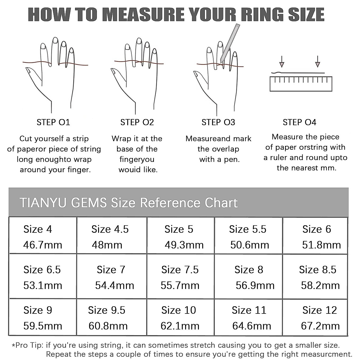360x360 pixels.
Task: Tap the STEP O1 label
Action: pos(53,122)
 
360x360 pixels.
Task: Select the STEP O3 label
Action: pos(218,122)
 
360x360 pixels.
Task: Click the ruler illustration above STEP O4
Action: pos(301,84)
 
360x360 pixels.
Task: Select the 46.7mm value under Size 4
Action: pos(43,245)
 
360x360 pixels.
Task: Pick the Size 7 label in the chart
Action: pos(111,270)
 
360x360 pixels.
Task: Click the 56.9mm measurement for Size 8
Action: pos(255,285)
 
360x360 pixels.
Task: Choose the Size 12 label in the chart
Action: pos(319,310)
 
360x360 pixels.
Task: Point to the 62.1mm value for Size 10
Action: pos(180,326)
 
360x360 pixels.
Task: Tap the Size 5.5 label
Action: pos(247,229)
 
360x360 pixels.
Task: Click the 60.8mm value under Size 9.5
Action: pos(108,326)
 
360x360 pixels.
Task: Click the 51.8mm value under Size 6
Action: pos(321,245)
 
